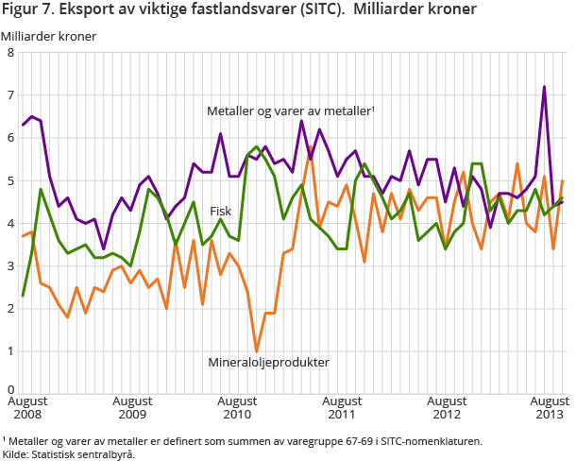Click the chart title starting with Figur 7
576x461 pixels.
pos(240,11)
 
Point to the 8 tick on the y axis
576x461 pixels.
pos(9,53)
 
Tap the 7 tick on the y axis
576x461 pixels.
pos(9,95)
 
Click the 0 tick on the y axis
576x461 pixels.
pos(9,389)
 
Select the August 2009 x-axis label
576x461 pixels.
pos(131,406)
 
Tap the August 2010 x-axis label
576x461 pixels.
pos(236,406)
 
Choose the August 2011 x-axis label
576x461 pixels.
pos(342,406)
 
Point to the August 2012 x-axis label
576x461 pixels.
pos(447,406)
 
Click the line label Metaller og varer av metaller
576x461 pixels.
pos(290,111)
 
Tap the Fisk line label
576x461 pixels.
pos(221,211)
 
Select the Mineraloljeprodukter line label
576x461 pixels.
pos(268,362)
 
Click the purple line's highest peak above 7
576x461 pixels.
pos(544,87)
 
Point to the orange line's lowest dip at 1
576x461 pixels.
pos(256,350)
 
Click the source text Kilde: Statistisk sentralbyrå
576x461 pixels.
pos(68,453)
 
